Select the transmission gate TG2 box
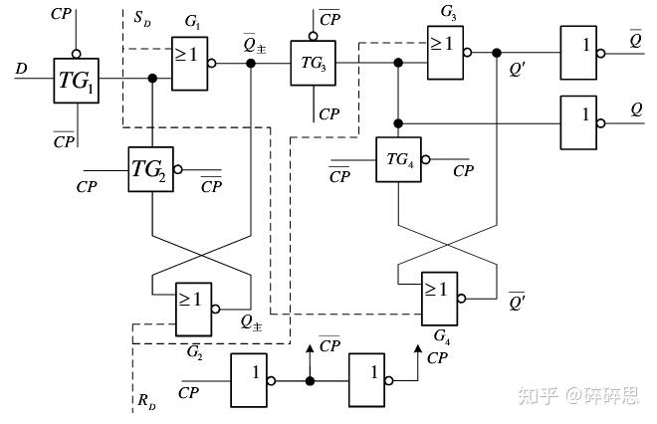(x=151, y=169)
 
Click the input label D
(x=22, y=69)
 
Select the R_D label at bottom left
(x=145, y=401)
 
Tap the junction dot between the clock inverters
(x=310, y=381)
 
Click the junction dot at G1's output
(x=251, y=63)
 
